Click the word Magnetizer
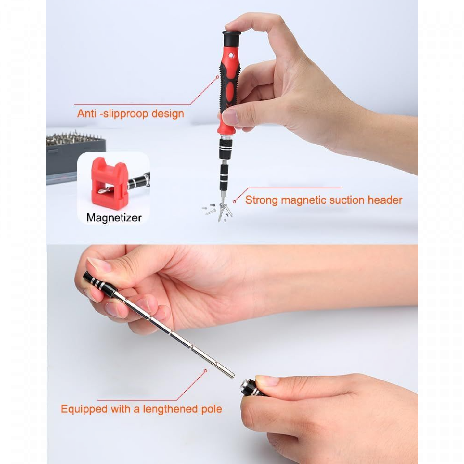coord(114,218)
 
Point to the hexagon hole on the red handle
coord(231,56)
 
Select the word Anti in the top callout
coord(87,114)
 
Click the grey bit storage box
coord(76,158)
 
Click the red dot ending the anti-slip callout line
coord(218,77)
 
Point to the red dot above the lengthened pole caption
coord(205,371)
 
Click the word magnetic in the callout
coord(304,200)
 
